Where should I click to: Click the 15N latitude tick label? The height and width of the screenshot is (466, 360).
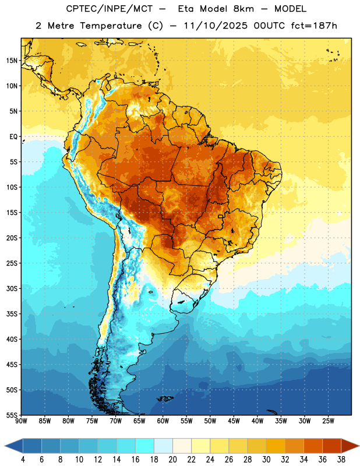[12, 61]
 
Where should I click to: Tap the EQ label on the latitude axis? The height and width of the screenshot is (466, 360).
[13, 137]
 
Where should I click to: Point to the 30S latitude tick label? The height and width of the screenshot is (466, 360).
[12, 288]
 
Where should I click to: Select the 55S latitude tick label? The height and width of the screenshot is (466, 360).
[12, 415]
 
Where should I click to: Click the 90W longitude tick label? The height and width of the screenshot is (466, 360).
[21, 421]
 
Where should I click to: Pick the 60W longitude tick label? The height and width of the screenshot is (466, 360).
[163, 421]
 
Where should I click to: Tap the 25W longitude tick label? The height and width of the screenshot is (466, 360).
[328, 421]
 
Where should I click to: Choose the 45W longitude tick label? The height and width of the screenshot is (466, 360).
[234, 421]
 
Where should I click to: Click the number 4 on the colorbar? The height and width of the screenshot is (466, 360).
[23, 460]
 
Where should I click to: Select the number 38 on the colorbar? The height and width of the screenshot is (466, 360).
[341, 460]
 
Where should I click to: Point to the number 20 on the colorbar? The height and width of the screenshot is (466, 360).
[172, 460]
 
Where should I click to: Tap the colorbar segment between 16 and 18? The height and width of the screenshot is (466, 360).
[145, 446]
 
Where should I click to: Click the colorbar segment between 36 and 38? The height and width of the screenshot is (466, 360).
[332, 446]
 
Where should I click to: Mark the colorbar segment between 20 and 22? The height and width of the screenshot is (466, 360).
[182, 446]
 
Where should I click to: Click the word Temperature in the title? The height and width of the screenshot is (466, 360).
[111, 26]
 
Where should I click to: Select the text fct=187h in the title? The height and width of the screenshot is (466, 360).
[314, 26]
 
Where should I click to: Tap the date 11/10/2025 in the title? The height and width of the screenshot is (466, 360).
[215, 26]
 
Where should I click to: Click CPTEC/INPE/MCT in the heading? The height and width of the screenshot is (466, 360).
[109, 9]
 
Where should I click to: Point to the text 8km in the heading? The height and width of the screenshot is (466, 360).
[243, 9]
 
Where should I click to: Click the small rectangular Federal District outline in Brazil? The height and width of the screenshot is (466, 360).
[220, 216]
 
